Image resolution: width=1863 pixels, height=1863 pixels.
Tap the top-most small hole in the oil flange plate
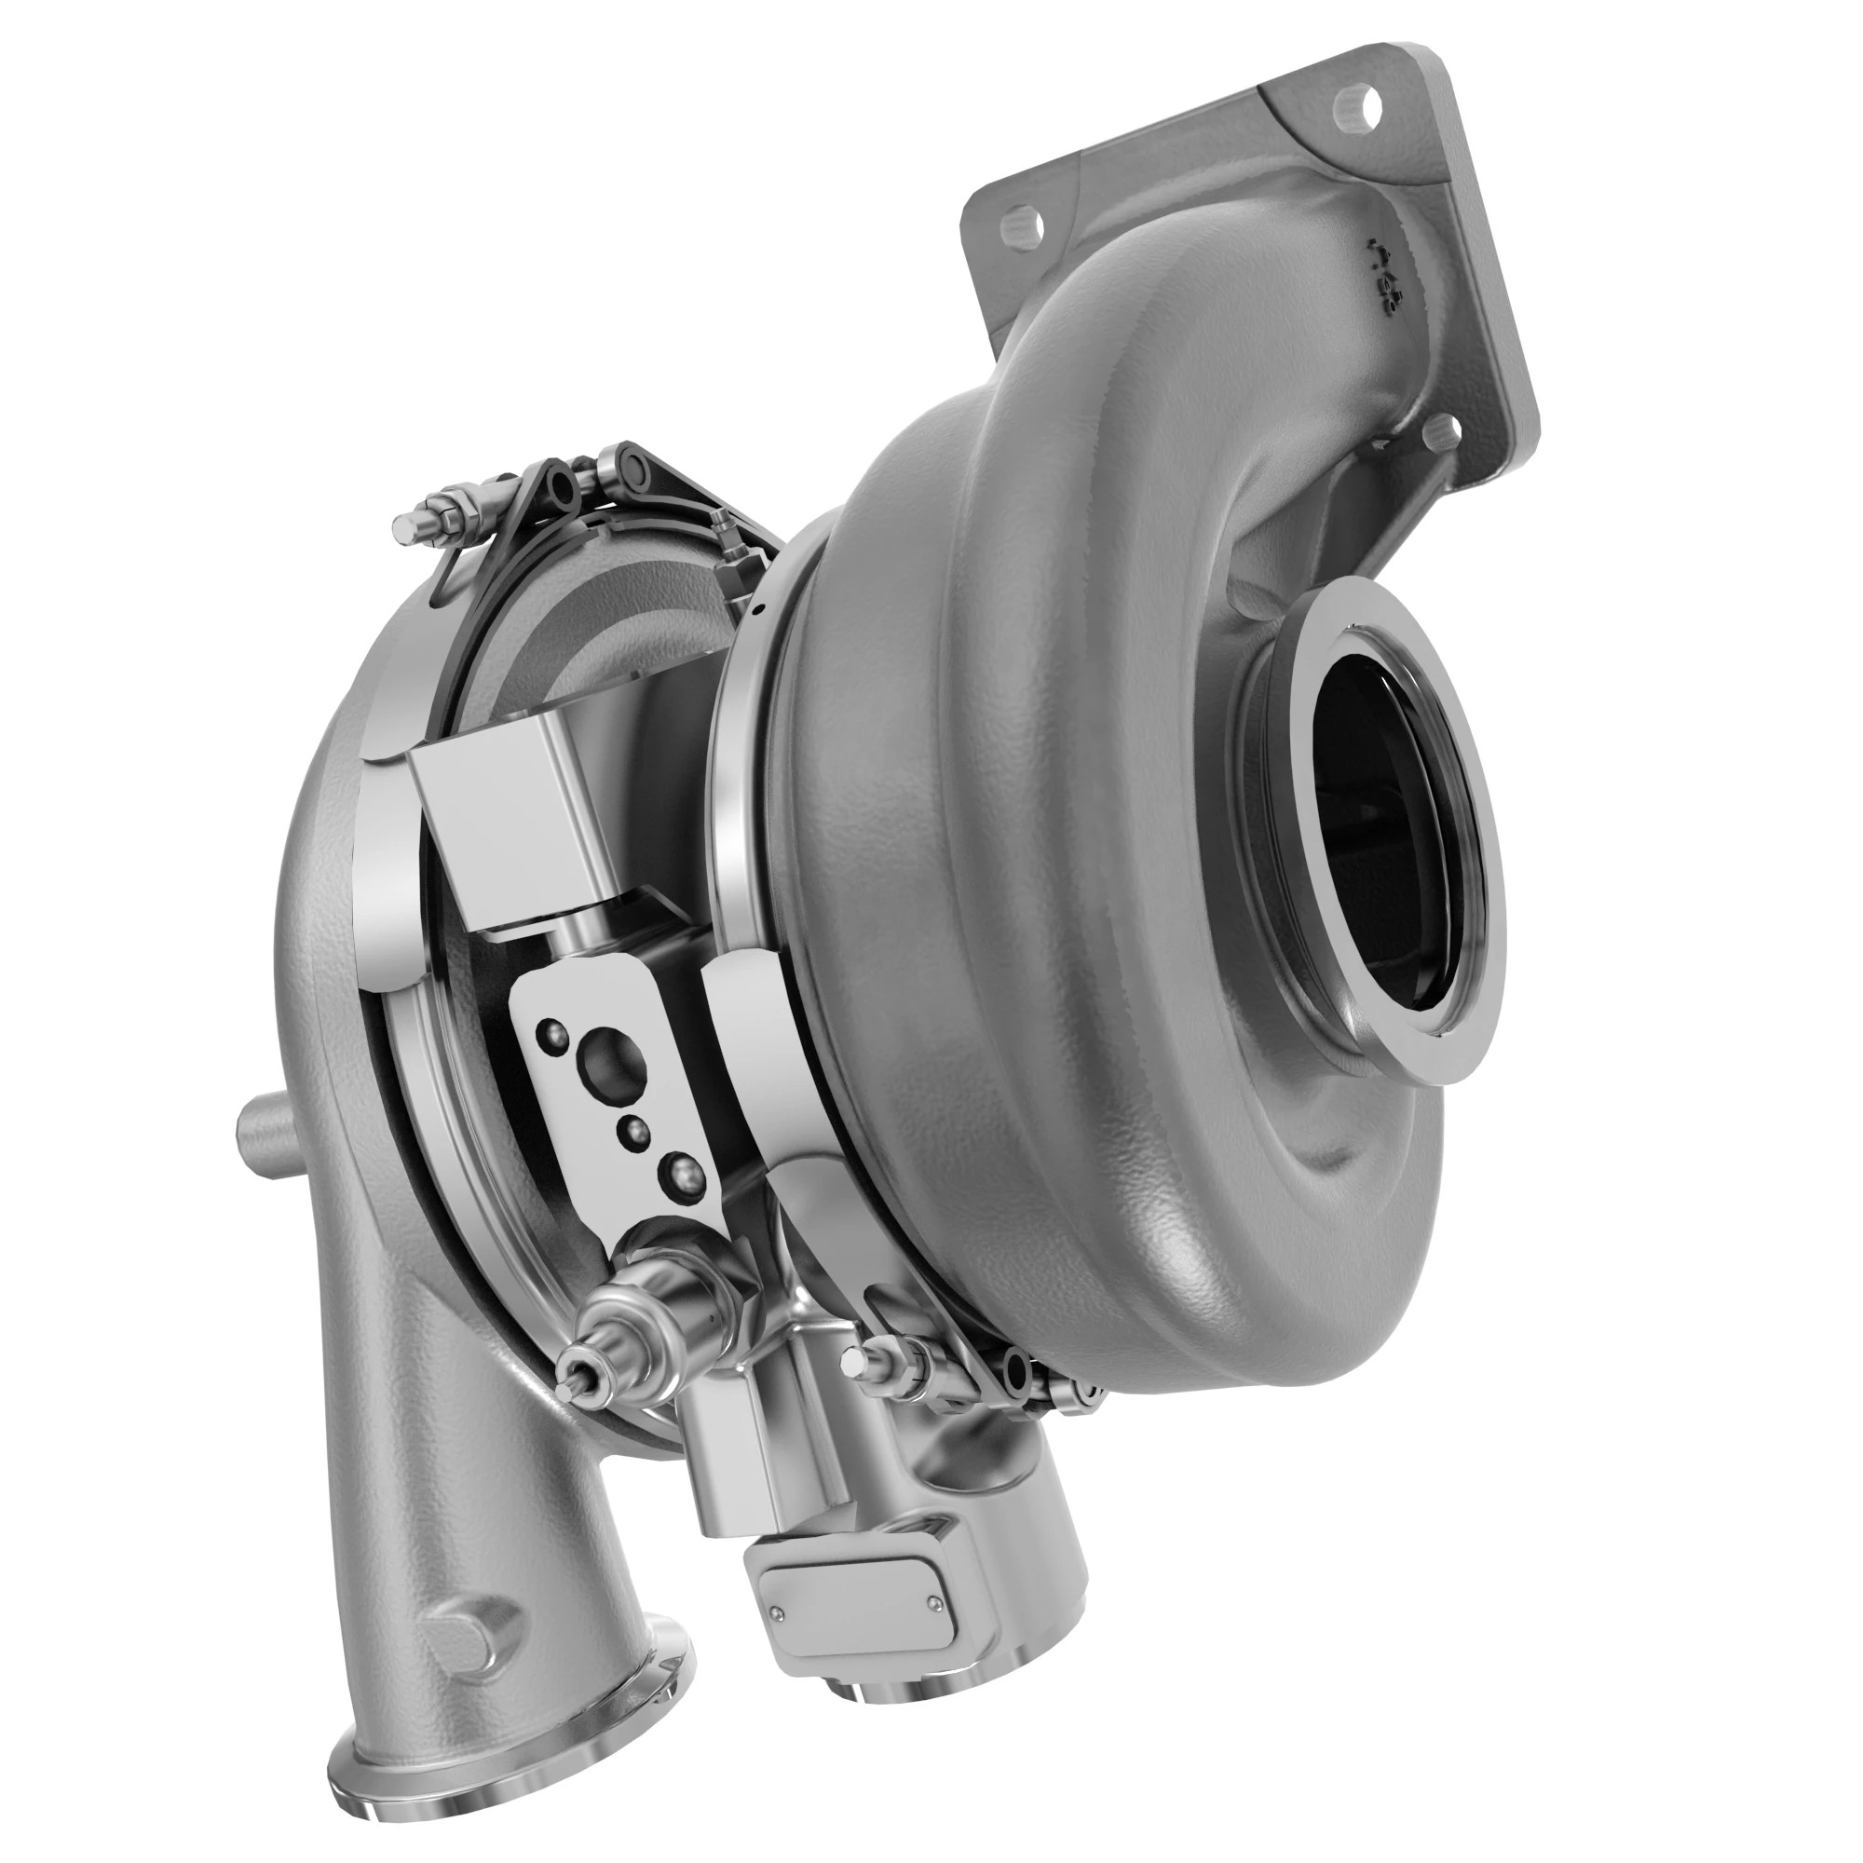point(552,1032)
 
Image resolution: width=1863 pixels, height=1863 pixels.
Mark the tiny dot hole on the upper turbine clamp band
point(760,608)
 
